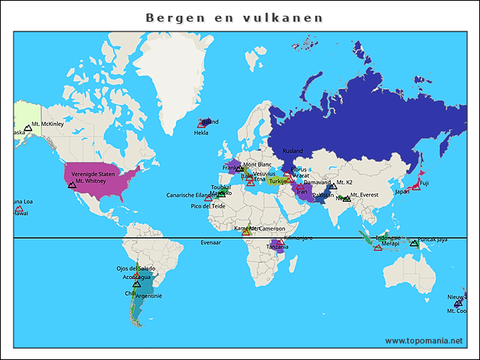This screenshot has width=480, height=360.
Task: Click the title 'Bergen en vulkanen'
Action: (x=234, y=17)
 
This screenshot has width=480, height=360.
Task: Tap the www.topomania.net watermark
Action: (x=424, y=340)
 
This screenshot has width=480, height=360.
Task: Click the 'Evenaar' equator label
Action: (x=211, y=243)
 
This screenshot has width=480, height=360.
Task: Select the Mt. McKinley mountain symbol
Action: (x=28, y=129)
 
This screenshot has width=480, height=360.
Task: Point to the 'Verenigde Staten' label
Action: (x=94, y=174)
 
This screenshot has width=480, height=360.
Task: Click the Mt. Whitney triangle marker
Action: (x=72, y=184)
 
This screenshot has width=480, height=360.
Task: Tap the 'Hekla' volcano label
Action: (x=201, y=133)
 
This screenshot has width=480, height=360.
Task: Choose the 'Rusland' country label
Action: (x=292, y=151)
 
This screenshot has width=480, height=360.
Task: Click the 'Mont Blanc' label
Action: (x=257, y=164)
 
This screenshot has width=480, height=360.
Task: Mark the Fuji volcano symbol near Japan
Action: (x=416, y=186)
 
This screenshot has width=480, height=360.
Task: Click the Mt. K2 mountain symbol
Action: (x=332, y=185)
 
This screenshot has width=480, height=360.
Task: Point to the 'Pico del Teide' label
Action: (x=208, y=206)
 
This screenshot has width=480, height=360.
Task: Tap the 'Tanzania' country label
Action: (x=277, y=247)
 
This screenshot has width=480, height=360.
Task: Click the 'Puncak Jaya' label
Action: (x=433, y=240)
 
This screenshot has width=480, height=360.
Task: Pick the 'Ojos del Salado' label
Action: (x=136, y=268)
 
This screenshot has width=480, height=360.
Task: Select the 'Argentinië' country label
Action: (x=148, y=295)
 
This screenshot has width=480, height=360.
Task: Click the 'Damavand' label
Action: (x=316, y=182)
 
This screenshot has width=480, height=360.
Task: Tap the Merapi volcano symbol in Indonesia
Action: (x=377, y=247)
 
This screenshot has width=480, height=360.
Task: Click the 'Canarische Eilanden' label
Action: (x=192, y=196)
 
